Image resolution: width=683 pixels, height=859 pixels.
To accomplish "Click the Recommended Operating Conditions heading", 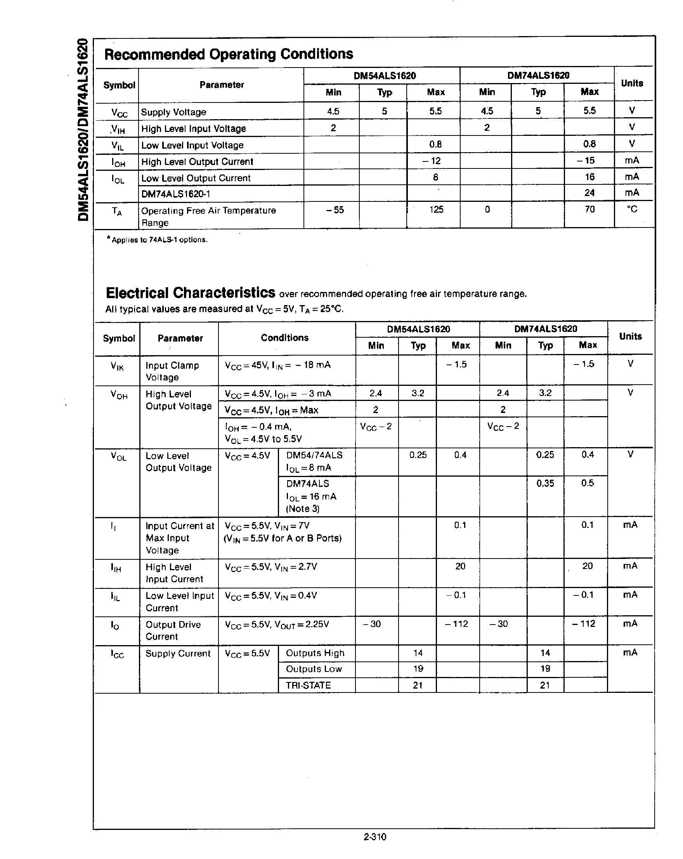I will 228,54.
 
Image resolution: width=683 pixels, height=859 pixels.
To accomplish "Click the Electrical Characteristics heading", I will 190,293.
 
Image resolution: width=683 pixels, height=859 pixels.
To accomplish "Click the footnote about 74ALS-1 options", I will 157,240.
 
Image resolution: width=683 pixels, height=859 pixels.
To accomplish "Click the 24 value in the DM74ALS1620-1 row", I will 589,193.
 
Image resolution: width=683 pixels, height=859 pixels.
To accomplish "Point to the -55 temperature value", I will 334,210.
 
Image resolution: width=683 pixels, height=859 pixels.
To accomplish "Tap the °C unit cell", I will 632,209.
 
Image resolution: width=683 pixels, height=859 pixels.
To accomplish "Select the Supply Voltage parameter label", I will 173,112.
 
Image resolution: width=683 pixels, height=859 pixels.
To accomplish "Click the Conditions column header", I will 284,338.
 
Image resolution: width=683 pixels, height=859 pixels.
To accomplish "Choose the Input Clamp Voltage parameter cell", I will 172,371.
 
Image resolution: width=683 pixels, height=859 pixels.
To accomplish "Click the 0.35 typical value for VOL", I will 545,483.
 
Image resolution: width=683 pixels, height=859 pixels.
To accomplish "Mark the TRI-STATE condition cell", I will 308,685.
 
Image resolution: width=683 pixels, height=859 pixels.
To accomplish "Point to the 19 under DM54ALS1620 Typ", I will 418,668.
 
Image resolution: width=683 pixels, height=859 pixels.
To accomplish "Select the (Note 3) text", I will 303,509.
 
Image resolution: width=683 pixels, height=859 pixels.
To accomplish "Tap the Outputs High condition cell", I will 315,653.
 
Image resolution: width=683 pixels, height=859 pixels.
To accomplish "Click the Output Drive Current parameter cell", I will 173,630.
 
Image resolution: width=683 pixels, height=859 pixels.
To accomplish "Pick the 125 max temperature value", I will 436,210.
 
